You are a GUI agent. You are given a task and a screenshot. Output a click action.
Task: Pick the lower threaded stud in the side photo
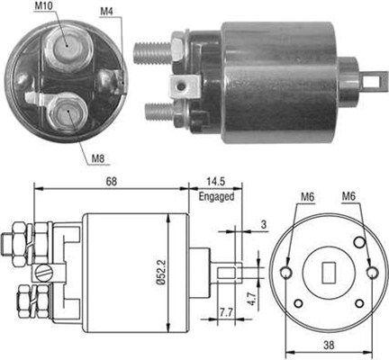pyautogui.click(x=157, y=113)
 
